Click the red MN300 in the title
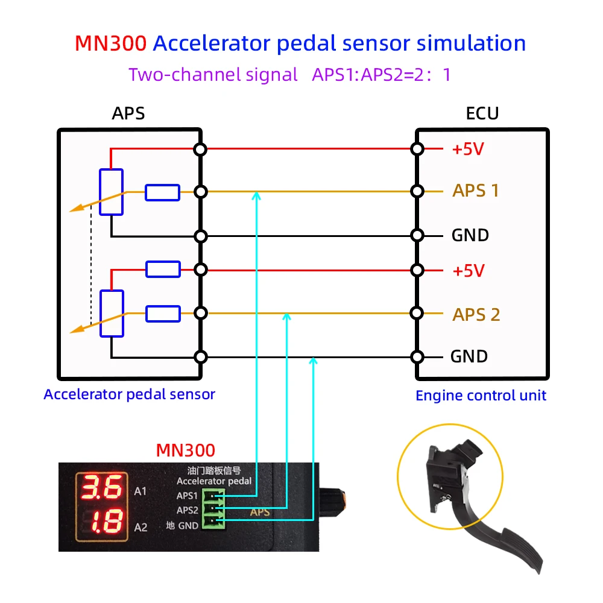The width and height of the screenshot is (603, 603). [x=110, y=43]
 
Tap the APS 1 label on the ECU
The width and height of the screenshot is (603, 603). [x=476, y=191]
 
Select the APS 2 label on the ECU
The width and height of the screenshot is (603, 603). [x=476, y=315]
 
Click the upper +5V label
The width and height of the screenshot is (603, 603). [x=468, y=149]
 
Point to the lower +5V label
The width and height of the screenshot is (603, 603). [x=469, y=271]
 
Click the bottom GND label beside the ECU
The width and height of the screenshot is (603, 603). [x=469, y=356]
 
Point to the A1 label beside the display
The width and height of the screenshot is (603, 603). [x=140, y=491]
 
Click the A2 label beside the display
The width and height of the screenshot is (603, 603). [x=140, y=528]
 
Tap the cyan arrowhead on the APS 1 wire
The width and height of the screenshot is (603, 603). [x=257, y=195]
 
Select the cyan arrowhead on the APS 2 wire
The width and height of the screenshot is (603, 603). [x=288, y=316]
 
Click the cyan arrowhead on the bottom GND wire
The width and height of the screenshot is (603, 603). [x=313, y=361]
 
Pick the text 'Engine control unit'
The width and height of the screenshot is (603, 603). [x=481, y=396]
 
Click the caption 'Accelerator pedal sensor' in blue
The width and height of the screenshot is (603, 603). [x=129, y=394]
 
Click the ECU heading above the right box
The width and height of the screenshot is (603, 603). [x=482, y=113]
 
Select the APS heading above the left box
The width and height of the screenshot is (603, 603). [x=128, y=113]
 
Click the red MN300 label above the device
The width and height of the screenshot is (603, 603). [x=185, y=450]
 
